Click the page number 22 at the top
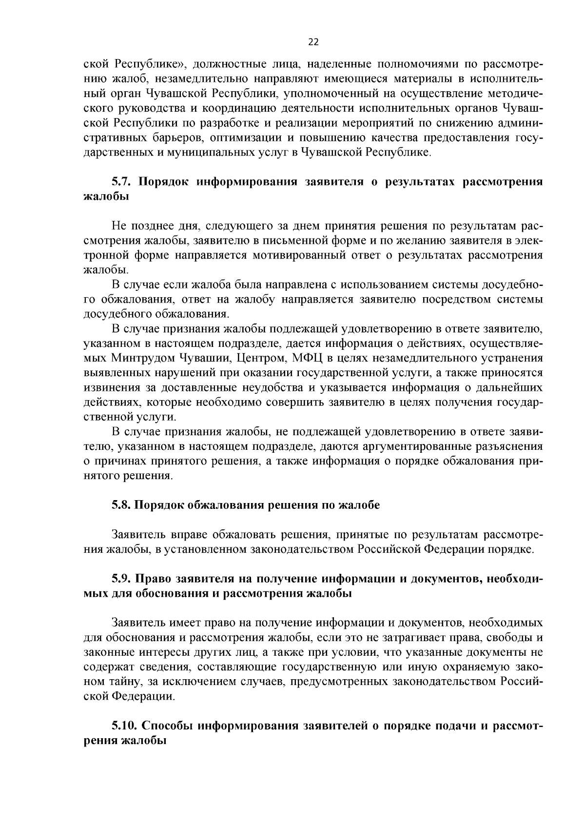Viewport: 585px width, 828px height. pos(313,42)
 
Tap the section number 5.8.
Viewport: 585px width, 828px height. pos(121,505)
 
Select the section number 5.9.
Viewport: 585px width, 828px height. pos(121,579)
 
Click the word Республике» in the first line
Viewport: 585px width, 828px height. pos(151,64)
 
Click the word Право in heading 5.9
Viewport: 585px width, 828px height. pos(151,579)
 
